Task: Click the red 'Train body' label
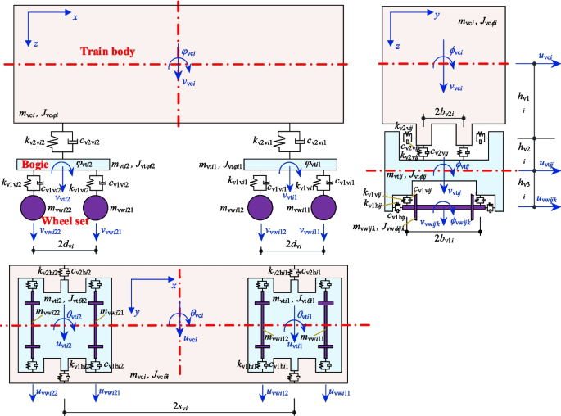[119, 52]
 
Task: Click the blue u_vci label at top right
[546, 56]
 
